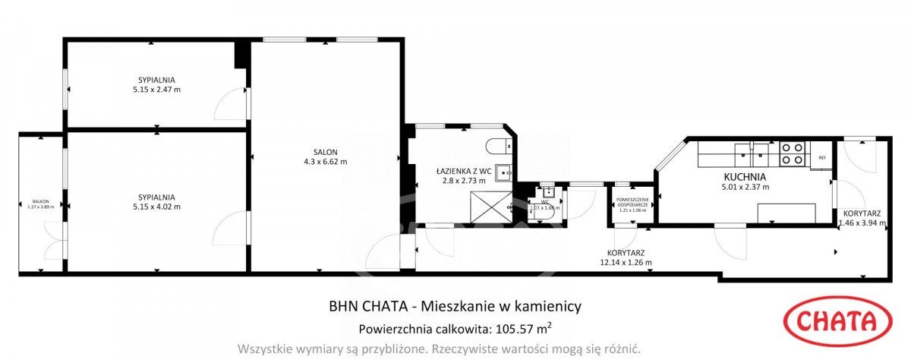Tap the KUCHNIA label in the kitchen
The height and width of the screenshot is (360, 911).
745,176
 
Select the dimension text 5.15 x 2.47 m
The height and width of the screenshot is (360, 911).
156,89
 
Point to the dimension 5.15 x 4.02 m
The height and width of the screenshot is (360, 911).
156,206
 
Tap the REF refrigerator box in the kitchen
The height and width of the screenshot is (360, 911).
821,158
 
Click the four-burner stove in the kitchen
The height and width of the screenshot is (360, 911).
793,154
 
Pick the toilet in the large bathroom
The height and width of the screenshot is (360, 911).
498,147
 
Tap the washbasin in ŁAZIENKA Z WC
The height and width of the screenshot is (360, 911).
504,175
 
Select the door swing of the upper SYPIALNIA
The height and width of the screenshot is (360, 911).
230,104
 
